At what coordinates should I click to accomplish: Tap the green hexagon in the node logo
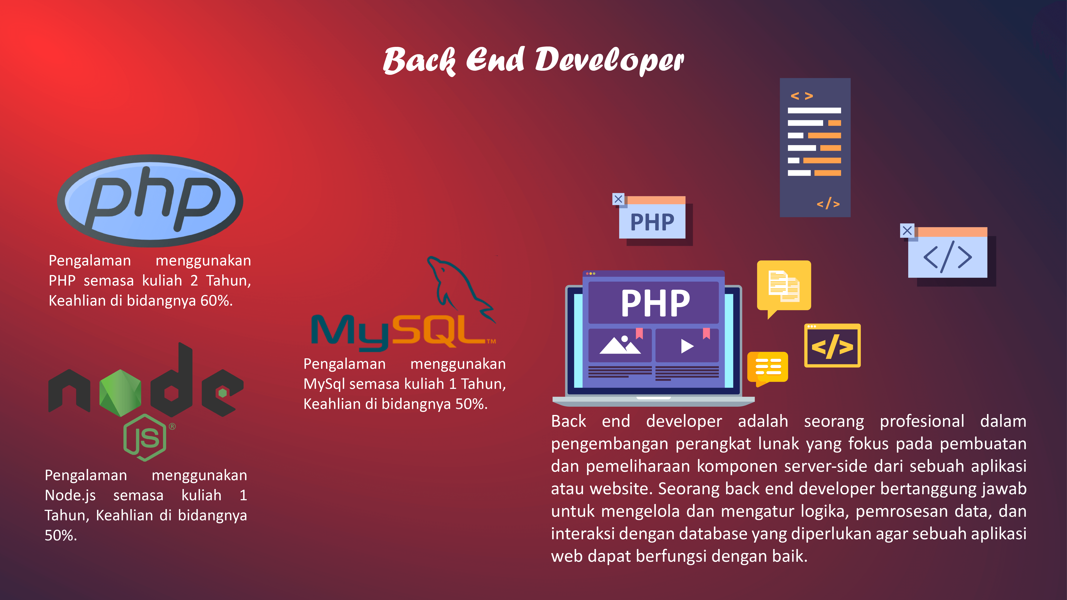click(x=120, y=393)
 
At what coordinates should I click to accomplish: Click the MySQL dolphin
click(x=460, y=286)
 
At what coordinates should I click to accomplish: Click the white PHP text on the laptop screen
click(x=655, y=303)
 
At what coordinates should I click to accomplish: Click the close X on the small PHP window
click(x=618, y=199)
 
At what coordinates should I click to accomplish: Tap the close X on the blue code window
click(x=907, y=230)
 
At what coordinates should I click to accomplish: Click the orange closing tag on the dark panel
click(x=828, y=203)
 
